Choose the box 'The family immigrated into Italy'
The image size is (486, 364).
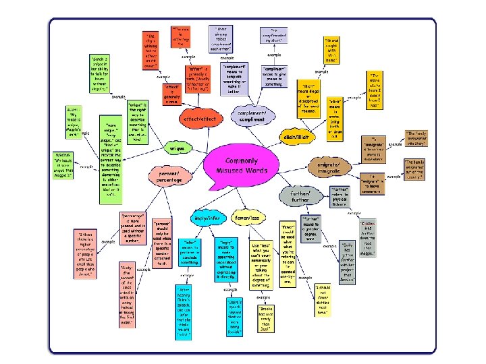coord(418,139)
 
